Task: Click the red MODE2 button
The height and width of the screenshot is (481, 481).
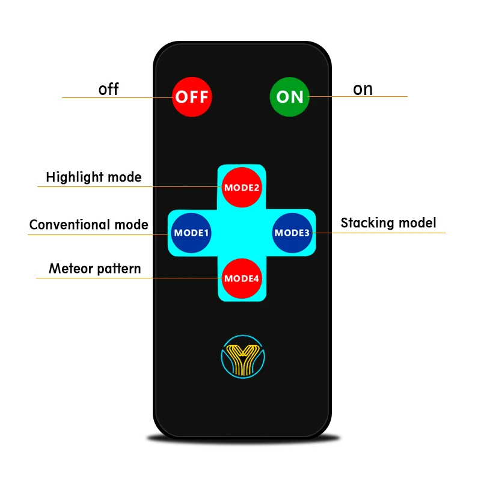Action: click(242, 187)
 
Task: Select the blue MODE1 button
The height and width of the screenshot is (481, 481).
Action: click(191, 233)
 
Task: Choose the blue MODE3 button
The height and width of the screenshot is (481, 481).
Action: click(292, 233)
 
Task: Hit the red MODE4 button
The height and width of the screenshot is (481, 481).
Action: click(242, 278)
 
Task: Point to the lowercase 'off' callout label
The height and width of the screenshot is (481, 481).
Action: click(109, 90)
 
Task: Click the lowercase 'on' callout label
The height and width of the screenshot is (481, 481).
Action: click(363, 89)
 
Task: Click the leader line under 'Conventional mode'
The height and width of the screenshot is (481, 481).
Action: click(96, 234)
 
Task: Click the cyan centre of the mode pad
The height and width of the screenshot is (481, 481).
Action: click(242, 233)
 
